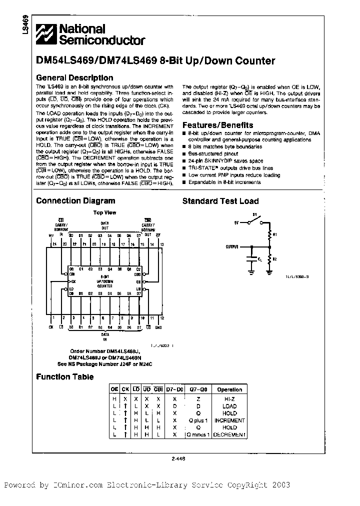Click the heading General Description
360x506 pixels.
coord(74,78)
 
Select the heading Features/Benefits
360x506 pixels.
coord(217,125)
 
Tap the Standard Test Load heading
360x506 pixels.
coord(220,201)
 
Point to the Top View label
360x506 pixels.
coord(105,212)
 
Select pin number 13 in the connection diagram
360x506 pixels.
coord(161,244)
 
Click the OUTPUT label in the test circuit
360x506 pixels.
coord(232,246)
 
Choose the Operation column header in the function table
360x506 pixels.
coord(229,389)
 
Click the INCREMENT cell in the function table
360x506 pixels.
coord(229,420)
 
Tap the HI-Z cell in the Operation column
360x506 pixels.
coord(229,399)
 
